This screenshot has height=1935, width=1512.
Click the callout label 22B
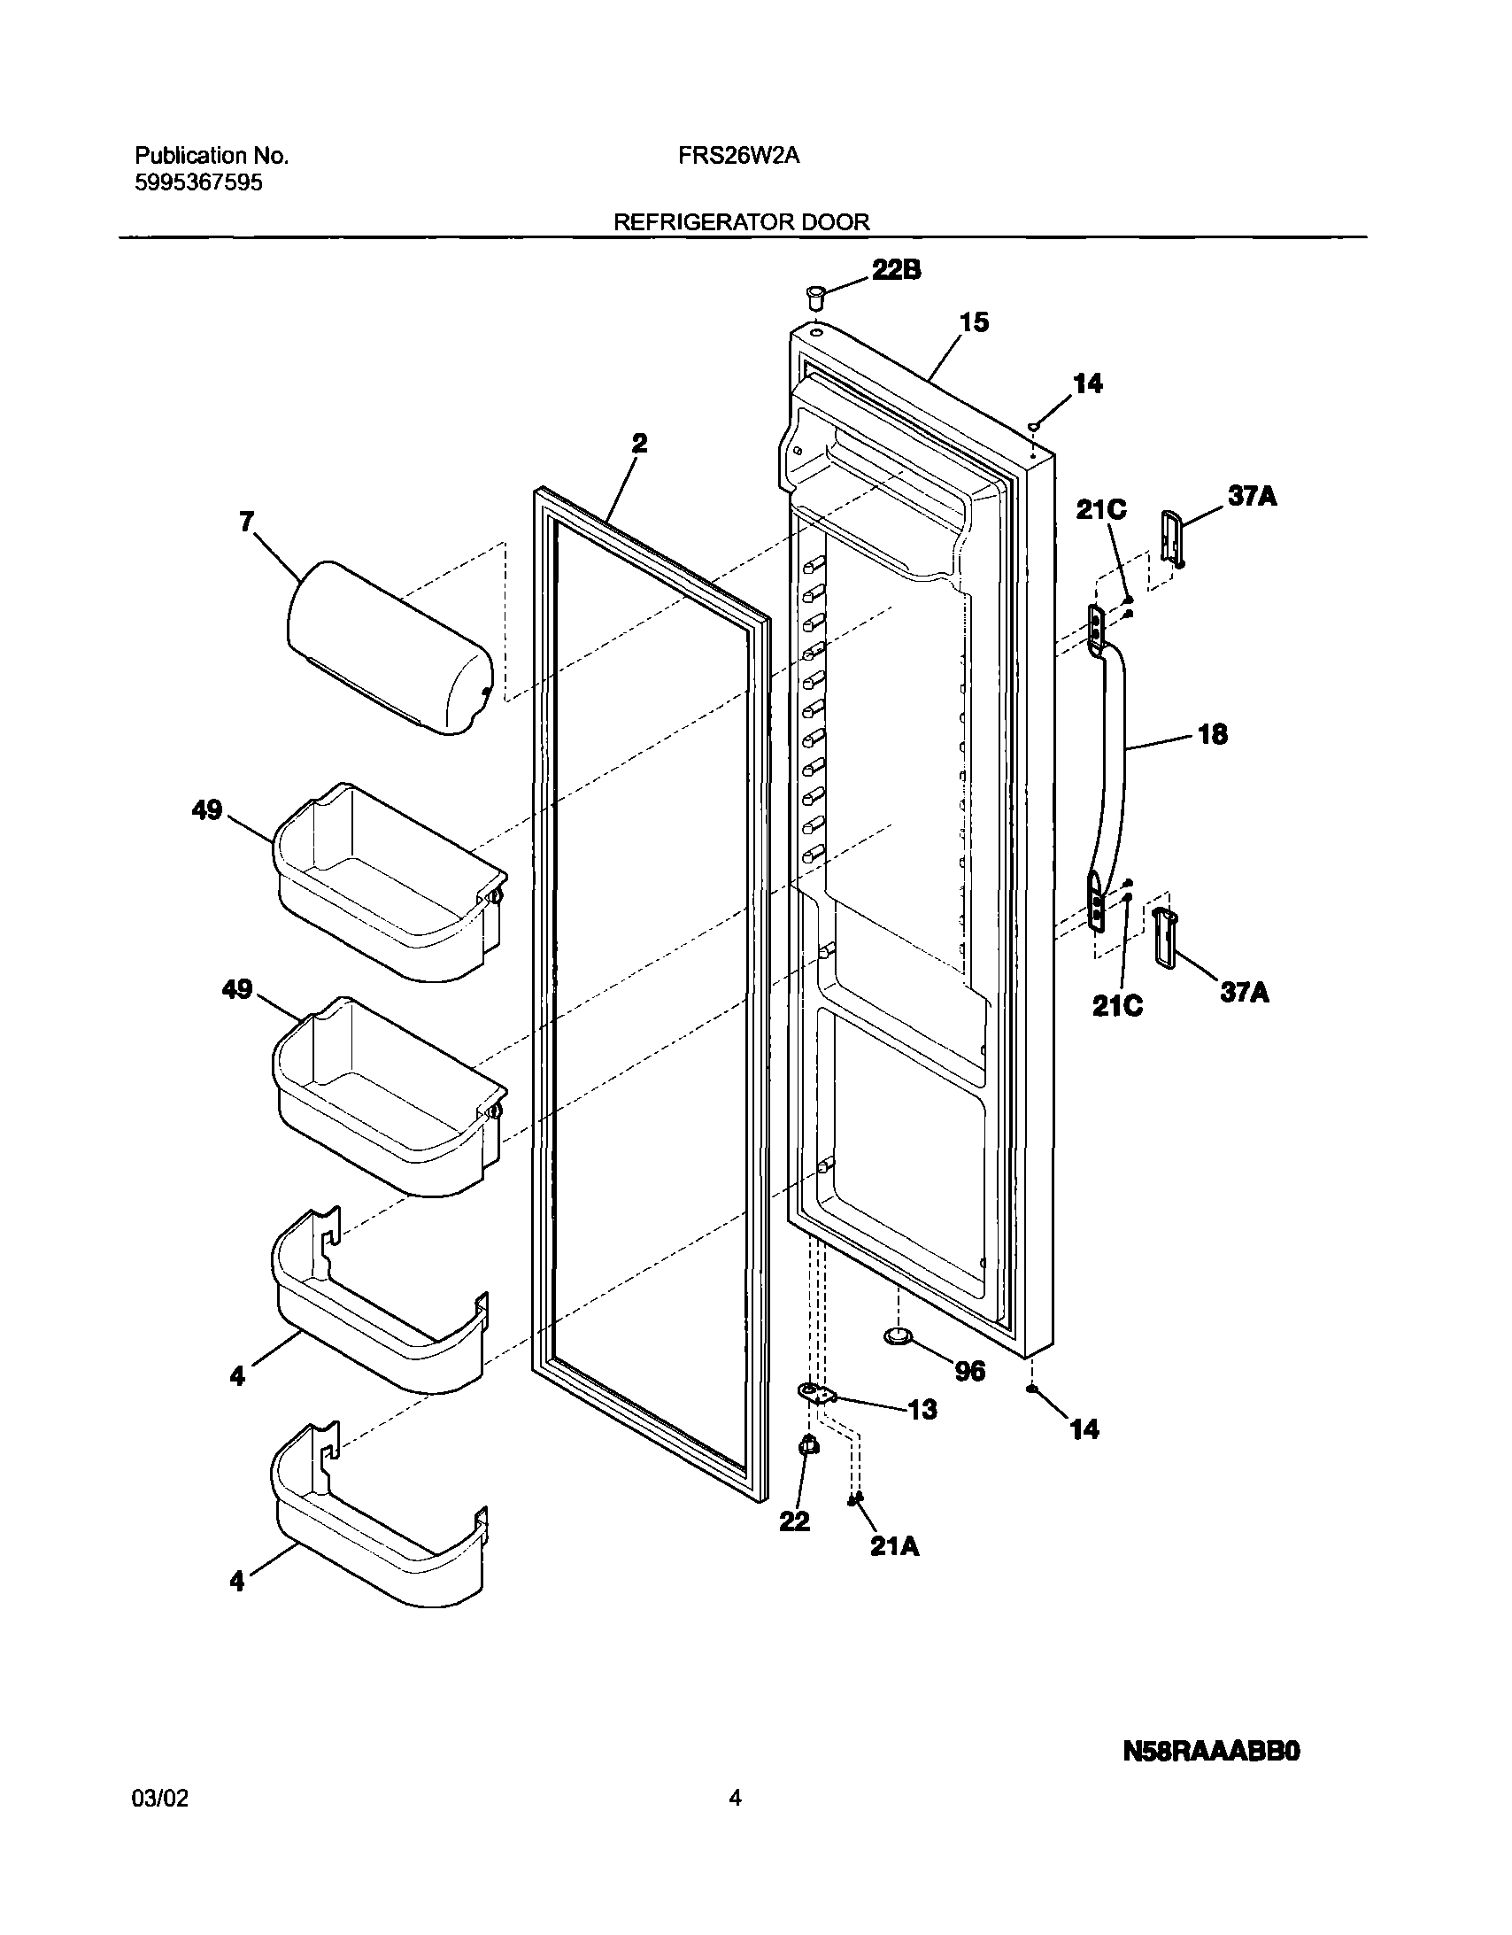pos(897,270)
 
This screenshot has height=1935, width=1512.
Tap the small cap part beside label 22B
pos(814,297)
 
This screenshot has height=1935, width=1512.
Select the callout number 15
pos(974,323)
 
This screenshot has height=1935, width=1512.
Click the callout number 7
pos(246,522)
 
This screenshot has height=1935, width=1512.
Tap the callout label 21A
pos(894,1547)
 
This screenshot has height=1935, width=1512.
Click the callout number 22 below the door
pos(795,1521)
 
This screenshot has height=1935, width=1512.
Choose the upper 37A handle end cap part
pos(1171,536)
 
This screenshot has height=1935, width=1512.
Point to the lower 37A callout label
pos(1245,994)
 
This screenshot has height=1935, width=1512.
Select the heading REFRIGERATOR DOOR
pos(741,222)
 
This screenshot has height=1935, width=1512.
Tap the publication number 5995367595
pos(198,183)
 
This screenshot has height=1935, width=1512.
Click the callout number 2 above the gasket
pos(638,443)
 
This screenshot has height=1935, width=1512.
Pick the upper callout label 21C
pos(1101,509)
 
